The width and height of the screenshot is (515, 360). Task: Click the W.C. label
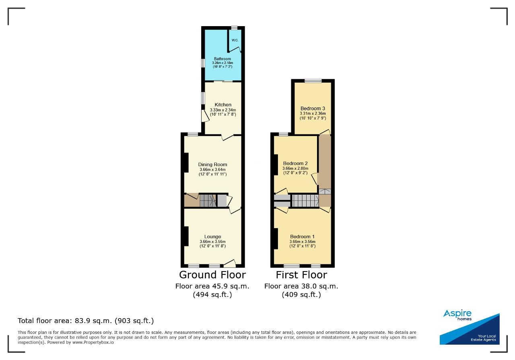235,40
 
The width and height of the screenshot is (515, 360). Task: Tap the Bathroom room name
222,59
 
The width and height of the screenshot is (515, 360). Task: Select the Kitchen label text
223,105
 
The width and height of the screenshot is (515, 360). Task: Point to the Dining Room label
213,165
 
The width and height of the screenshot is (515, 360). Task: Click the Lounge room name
213,237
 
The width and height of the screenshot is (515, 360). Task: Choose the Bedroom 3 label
313,109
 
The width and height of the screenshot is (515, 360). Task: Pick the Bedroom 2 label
295,163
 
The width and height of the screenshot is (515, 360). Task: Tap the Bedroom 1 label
302,237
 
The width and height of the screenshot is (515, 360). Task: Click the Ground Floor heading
212,275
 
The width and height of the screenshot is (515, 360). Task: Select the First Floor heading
301,275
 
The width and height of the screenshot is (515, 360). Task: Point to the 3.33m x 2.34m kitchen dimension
223,110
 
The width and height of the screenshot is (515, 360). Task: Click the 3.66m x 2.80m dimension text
295,169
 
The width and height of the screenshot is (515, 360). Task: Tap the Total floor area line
86,321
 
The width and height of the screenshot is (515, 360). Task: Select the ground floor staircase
208,201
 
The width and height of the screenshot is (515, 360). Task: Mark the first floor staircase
305,201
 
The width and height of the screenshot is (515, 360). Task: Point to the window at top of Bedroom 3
313,81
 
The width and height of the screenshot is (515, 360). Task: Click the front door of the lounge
230,264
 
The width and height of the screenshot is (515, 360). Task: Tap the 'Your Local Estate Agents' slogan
483,338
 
